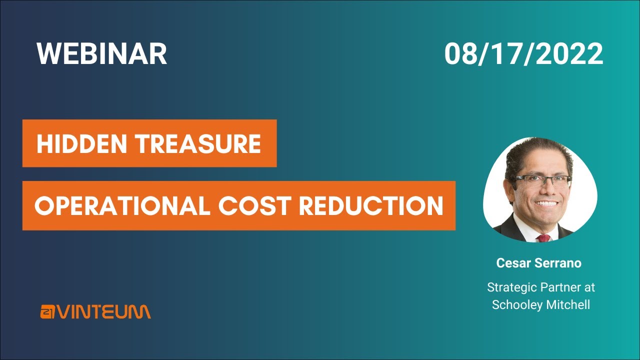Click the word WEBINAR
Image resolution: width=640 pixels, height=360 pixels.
tap(101, 53)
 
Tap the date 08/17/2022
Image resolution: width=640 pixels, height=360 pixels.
tap(523, 53)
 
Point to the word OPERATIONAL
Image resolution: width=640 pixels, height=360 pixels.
tap(122, 206)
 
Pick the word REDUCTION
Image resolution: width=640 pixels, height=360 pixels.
tap(371, 206)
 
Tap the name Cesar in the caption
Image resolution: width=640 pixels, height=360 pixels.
tap(512, 263)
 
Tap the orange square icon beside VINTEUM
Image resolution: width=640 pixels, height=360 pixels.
tap(48, 312)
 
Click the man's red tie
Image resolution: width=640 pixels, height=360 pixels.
tap(542, 237)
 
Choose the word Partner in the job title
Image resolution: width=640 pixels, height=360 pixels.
tap(558, 288)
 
